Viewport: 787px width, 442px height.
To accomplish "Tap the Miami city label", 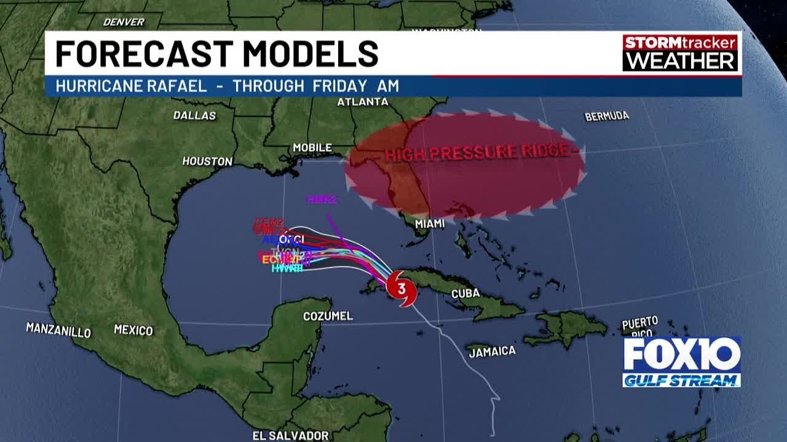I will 430,223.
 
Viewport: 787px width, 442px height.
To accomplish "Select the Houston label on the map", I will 207,161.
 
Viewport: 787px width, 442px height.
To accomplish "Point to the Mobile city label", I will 312,148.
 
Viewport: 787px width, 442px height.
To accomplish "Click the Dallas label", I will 194,115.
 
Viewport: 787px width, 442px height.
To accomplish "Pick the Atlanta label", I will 363,102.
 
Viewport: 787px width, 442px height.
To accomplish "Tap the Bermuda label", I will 607,116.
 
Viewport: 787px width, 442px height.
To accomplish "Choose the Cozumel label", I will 328,316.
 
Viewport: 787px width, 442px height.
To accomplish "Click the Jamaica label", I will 492,352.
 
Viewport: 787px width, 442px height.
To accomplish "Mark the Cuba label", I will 465,293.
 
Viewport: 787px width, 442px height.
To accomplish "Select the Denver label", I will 124,22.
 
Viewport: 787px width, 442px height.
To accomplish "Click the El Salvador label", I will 290,435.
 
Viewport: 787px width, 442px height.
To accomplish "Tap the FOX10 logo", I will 681,354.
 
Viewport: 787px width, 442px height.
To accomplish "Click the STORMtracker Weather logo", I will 680,52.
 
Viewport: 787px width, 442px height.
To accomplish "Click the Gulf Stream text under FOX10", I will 681,381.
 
